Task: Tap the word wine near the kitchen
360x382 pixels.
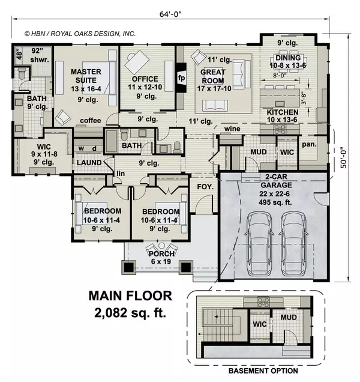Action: tap(231, 129)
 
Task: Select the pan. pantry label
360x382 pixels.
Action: tap(310, 145)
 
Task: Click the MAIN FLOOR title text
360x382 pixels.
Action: tap(130, 296)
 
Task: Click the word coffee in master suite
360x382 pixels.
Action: tap(91, 120)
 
